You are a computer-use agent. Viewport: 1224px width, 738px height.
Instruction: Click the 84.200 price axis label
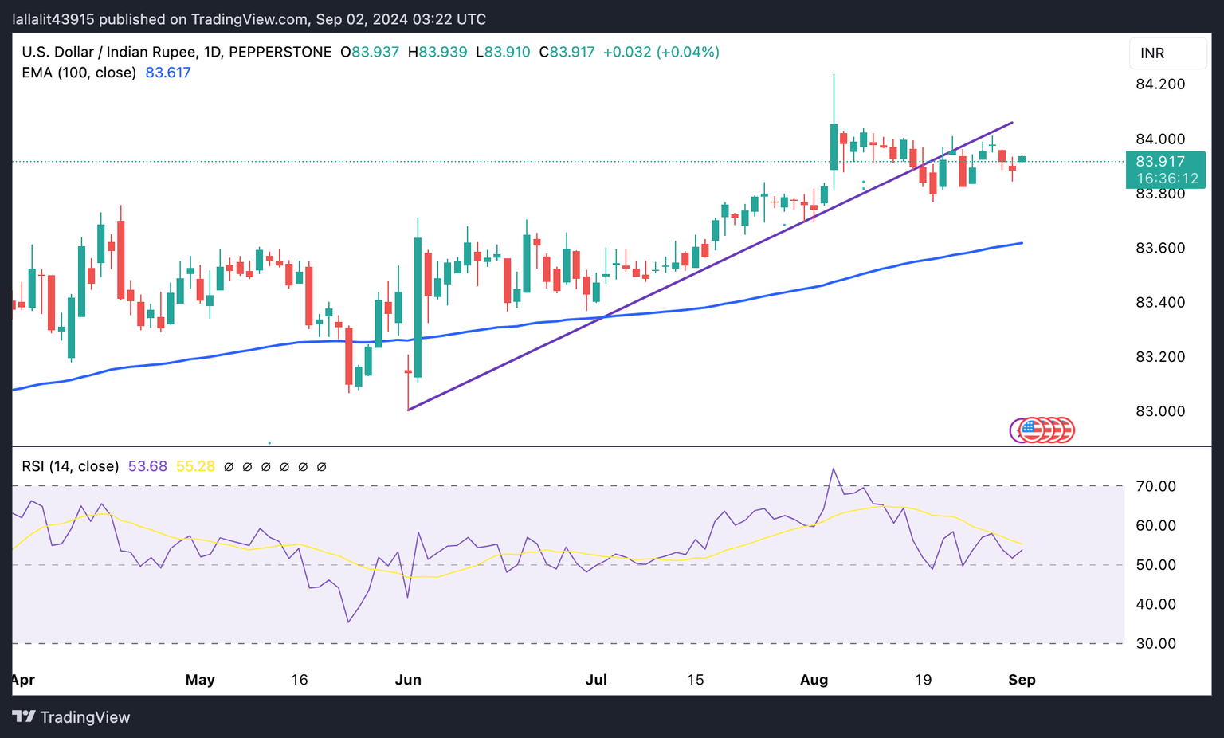[1159, 84]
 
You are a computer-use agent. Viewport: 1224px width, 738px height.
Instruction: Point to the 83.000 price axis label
[1159, 411]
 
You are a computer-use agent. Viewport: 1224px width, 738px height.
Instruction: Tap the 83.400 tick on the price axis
[1159, 302]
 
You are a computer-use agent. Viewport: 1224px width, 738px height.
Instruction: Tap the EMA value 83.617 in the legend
[167, 73]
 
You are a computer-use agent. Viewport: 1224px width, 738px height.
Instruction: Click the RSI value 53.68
[147, 466]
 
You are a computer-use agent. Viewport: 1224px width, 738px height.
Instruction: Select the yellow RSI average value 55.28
[195, 466]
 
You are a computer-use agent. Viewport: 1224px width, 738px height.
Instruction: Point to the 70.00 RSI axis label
[1155, 486]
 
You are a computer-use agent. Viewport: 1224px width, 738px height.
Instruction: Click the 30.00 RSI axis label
[1155, 643]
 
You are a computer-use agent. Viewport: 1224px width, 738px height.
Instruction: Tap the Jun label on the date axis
[408, 680]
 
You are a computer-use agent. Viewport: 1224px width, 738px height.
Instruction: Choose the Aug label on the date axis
[814, 680]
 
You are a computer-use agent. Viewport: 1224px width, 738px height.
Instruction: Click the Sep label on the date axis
[1022, 680]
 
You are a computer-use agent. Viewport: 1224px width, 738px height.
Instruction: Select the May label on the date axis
[200, 680]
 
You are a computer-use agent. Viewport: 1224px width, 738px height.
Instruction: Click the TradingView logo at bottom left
[71, 717]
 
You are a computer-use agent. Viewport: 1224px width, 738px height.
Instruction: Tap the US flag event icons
[1042, 430]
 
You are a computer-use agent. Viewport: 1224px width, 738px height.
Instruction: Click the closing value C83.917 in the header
[567, 53]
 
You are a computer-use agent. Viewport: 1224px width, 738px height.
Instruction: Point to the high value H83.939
[437, 53]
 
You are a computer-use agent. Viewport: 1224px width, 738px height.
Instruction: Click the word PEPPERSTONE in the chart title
[280, 53]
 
